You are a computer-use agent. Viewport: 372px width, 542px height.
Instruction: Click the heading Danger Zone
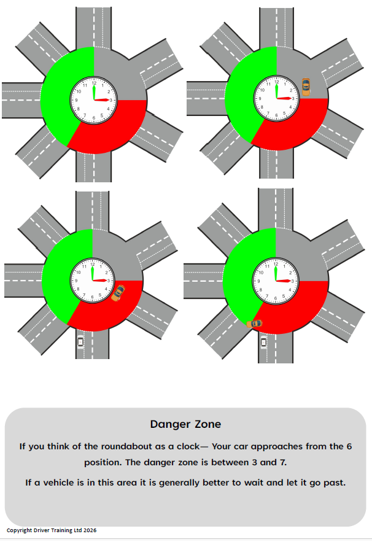tap(185, 424)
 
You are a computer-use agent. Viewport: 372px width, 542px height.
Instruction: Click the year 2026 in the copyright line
tap(89, 530)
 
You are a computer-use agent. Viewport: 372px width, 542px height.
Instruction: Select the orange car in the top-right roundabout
tap(306, 87)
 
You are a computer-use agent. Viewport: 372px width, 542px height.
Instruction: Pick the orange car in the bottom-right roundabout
tap(254, 323)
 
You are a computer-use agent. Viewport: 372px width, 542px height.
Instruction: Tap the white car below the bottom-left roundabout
tap(80, 341)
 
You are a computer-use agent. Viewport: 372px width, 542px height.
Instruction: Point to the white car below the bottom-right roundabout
tap(263, 341)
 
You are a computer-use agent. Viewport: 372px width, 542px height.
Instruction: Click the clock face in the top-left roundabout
tap(93, 99)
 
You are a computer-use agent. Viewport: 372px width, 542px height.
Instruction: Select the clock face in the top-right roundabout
tap(276, 98)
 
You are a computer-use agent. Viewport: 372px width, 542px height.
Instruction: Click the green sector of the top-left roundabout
tap(61, 92)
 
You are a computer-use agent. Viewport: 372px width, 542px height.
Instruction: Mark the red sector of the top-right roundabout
tap(295, 129)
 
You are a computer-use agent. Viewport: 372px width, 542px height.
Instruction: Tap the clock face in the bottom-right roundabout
tap(276, 281)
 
